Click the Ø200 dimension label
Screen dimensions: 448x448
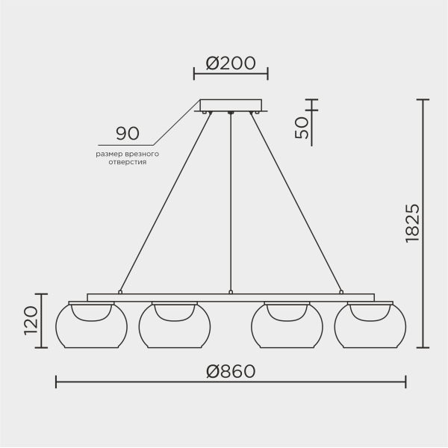click(231, 63)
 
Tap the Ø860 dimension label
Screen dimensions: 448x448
click(231, 371)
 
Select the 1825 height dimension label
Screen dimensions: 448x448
click(413, 223)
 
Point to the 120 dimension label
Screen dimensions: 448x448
click(31, 320)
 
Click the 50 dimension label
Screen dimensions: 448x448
click(302, 128)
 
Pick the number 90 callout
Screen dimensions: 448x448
click(128, 133)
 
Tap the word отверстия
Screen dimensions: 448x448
click(128, 162)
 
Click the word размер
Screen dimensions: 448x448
click(109, 155)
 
